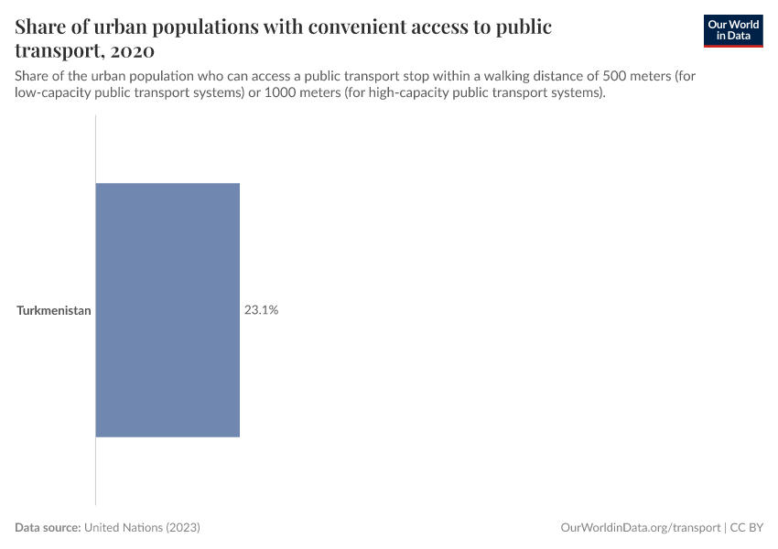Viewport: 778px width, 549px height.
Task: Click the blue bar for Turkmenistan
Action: (167, 310)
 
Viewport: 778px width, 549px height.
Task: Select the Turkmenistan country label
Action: (54, 310)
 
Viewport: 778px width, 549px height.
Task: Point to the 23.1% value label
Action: (261, 310)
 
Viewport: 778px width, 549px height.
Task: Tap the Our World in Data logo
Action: (733, 30)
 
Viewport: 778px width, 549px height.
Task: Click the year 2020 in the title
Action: (131, 50)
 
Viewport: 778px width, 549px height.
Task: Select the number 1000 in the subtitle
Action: (279, 92)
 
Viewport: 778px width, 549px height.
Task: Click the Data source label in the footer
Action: (48, 528)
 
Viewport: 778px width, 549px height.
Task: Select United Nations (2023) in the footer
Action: (142, 528)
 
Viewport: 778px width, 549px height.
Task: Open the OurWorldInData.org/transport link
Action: (640, 528)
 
